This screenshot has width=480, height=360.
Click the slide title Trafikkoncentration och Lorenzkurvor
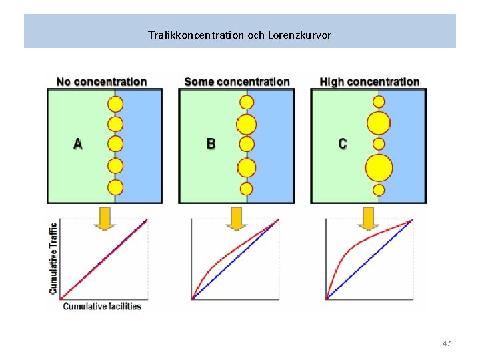pyautogui.click(x=239, y=34)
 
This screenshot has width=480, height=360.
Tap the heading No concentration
pyautogui.click(x=101, y=82)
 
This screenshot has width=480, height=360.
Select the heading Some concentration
pyautogui.click(x=237, y=82)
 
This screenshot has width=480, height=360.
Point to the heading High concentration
pyautogui.click(x=369, y=82)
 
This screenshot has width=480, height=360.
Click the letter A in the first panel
pyautogui.click(x=78, y=143)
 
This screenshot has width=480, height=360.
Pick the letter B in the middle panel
pyautogui.click(x=211, y=143)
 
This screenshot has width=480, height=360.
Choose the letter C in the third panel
pyautogui.click(x=343, y=143)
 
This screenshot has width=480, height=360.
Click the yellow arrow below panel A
pyautogui.click(x=105, y=219)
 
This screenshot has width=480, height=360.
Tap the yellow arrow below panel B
pyautogui.click(x=237, y=219)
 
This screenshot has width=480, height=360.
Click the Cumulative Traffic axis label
pyautogui.click(x=53, y=258)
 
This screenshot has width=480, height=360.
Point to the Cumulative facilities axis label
pyautogui.click(x=102, y=306)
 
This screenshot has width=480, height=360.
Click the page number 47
pyautogui.click(x=447, y=343)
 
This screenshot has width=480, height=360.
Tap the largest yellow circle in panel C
pyautogui.click(x=379, y=167)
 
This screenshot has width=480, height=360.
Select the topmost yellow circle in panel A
pyautogui.click(x=115, y=104)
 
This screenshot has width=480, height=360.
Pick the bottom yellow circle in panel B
pyautogui.click(x=247, y=188)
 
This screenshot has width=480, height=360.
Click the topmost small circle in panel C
pyautogui.click(x=379, y=102)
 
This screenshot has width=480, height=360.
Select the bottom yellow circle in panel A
pyautogui.click(x=115, y=187)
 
